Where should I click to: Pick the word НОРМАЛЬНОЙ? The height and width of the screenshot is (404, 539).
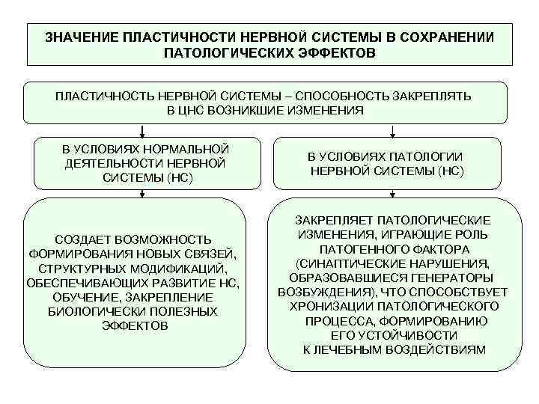[184, 149]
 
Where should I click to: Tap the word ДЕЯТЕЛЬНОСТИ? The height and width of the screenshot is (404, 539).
[109, 163]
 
